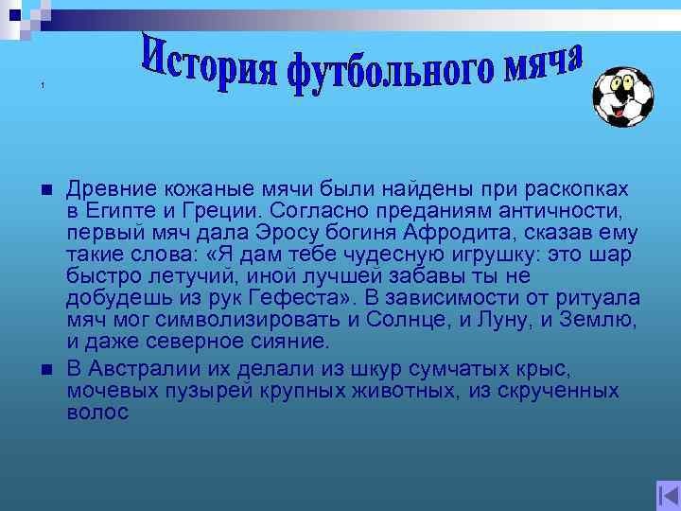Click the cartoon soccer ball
(622, 97)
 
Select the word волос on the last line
(97, 413)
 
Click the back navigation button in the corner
(667, 496)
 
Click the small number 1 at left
(44, 87)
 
